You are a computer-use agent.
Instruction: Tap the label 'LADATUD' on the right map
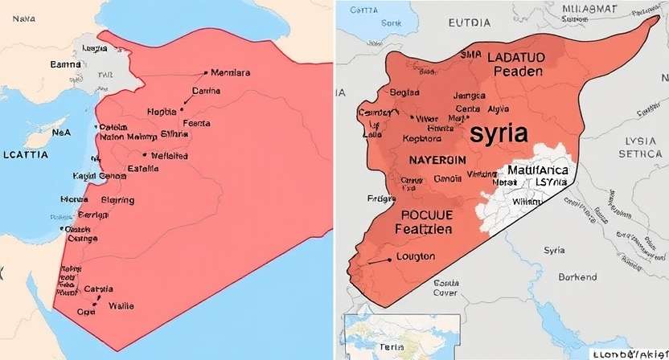point(515,56)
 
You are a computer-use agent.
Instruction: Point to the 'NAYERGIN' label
point(432,160)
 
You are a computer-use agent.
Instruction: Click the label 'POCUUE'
point(426,215)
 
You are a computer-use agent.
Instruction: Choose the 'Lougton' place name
point(416,257)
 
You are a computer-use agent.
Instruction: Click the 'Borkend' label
point(577,277)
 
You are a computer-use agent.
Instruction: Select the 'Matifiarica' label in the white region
point(539,170)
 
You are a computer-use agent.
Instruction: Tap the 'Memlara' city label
point(230,73)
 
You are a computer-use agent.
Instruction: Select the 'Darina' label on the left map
point(206,91)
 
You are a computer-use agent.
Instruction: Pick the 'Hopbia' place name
point(163,111)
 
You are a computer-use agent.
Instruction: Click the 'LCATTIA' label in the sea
point(26,153)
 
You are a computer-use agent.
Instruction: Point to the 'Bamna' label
point(66,63)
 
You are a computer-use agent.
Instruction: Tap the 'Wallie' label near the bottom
point(121,305)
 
